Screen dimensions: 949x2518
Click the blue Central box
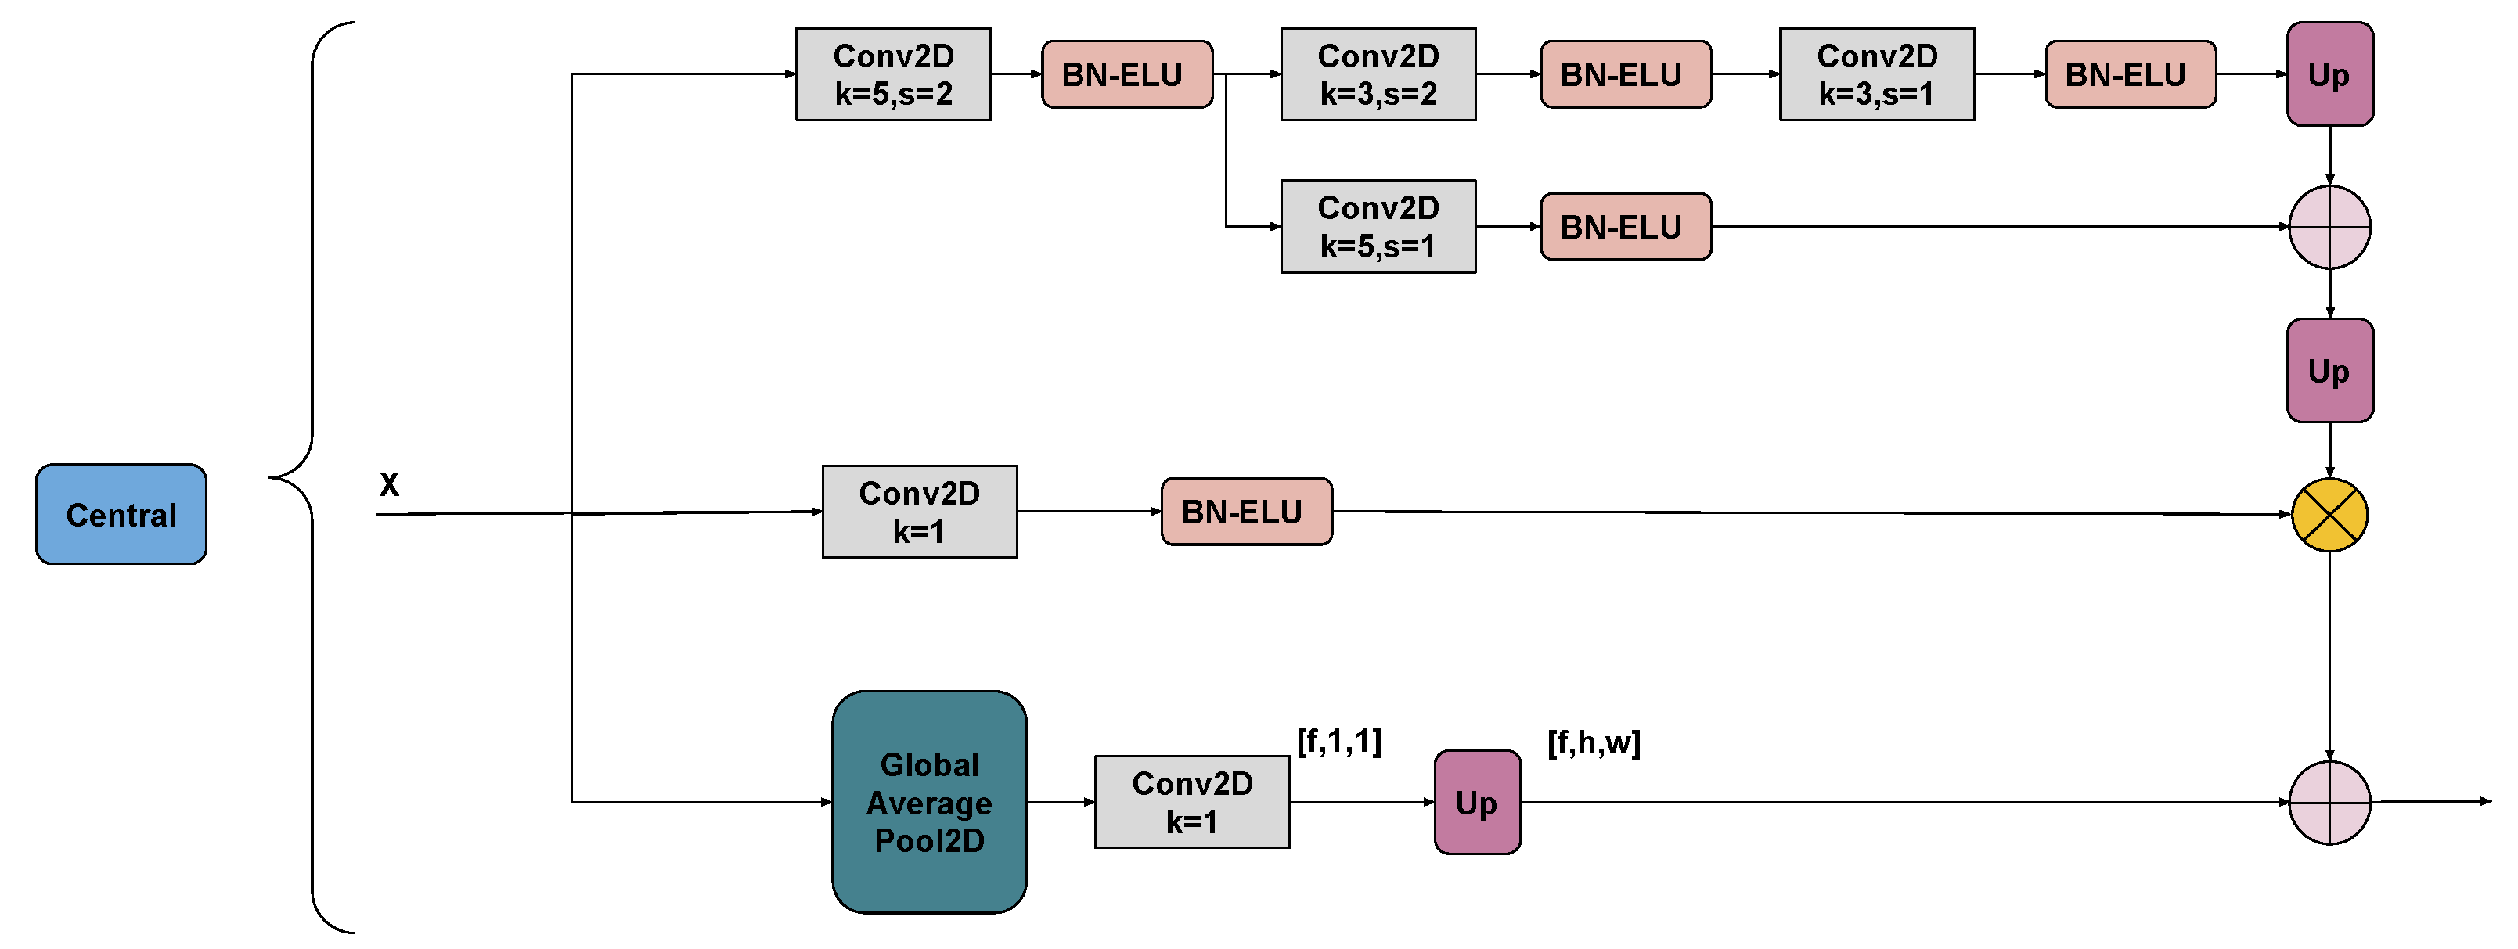pos(121,514)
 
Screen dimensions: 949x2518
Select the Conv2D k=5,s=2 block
pos(892,74)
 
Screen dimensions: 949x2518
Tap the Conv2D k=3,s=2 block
pos(1378,74)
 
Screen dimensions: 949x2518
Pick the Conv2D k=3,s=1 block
pos(1876,74)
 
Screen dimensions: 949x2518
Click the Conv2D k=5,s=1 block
pos(1378,227)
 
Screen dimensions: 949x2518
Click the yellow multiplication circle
pos(2329,515)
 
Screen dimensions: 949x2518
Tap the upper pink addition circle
pos(2329,227)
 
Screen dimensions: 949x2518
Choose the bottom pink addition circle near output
pos(2329,803)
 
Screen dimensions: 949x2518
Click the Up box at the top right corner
pos(2329,74)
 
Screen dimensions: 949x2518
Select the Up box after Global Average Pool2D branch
pos(1477,803)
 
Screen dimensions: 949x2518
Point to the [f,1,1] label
pos(1338,742)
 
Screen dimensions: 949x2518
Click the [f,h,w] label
pos(1594,742)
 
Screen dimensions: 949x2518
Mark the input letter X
pos(389,485)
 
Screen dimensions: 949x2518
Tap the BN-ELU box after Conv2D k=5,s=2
pos(1126,74)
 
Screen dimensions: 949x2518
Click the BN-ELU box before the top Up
pos(2130,74)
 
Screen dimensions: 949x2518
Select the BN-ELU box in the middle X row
pos(1245,511)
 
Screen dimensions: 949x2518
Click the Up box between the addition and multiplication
pos(2329,370)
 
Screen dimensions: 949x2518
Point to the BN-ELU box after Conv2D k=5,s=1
pos(1625,227)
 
